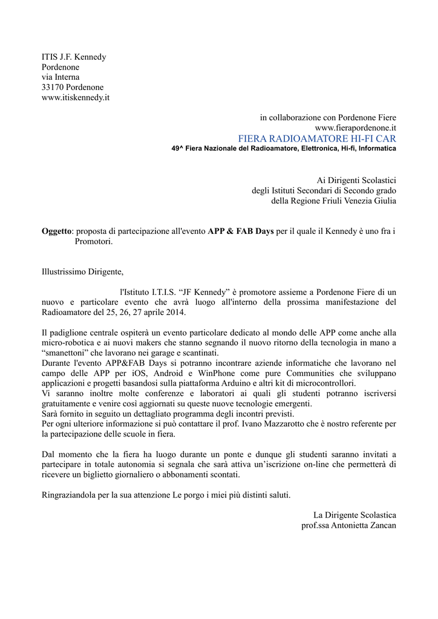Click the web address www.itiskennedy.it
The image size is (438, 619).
76,97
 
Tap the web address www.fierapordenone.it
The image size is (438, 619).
355,128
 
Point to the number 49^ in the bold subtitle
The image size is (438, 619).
178,149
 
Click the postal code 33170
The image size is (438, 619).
53,87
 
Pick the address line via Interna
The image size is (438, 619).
60,77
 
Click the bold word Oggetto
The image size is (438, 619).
57,231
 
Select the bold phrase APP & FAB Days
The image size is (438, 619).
241,231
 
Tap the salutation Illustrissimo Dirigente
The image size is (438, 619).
82,271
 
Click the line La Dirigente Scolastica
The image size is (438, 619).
355,515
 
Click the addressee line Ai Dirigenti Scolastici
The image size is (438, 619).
356,180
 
